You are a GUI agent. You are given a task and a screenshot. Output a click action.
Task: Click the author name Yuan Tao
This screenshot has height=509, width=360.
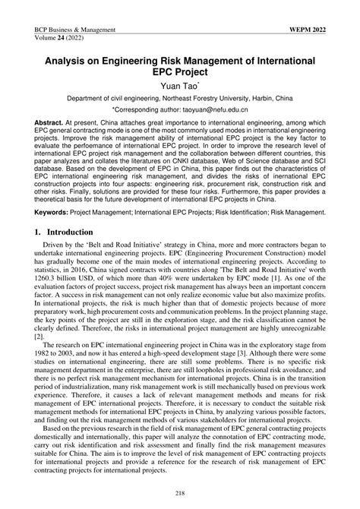(x=178, y=84)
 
